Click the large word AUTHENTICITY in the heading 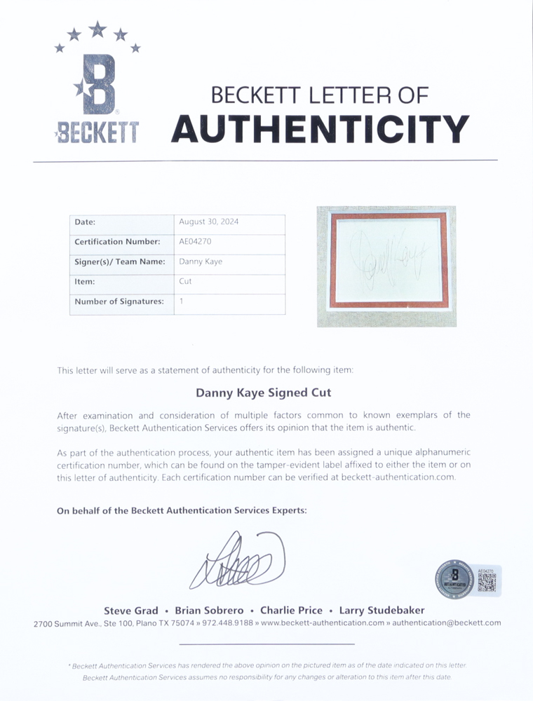(x=320, y=129)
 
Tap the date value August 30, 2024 (x=209, y=222)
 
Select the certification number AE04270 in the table (x=196, y=242)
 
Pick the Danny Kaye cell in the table (x=201, y=261)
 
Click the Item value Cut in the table (x=185, y=281)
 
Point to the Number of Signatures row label (x=120, y=301)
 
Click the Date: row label (x=85, y=222)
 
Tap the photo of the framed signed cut (x=386, y=266)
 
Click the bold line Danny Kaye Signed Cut (x=263, y=393)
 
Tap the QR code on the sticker (x=487, y=583)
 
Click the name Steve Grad (x=131, y=611)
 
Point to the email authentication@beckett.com (x=446, y=623)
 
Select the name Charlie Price (x=291, y=611)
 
